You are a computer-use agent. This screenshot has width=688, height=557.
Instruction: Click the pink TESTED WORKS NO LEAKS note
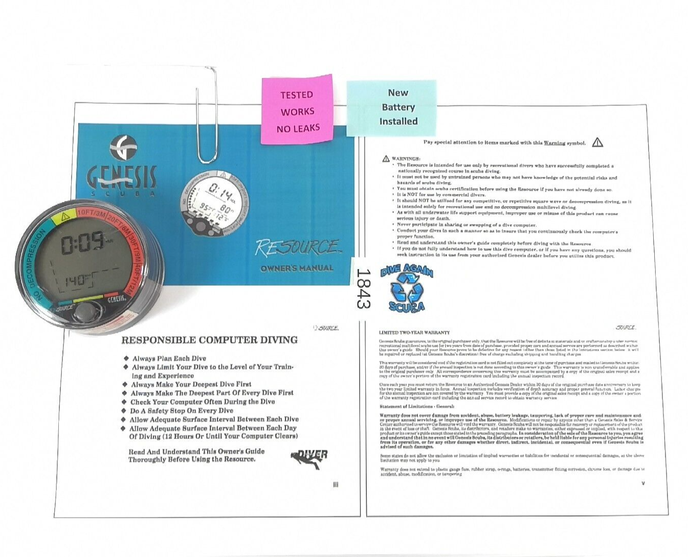point(297,111)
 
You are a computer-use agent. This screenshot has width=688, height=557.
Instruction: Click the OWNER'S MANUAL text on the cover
point(297,268)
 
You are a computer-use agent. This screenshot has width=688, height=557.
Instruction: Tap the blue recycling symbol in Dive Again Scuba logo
point(407,288)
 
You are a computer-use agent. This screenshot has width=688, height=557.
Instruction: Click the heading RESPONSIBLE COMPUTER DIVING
point(209,340)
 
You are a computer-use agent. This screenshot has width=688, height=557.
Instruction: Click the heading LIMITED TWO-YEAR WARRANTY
point(414,333)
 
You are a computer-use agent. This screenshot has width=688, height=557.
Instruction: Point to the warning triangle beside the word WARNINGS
point(386,159)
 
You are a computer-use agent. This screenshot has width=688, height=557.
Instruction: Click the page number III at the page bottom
point(336,484)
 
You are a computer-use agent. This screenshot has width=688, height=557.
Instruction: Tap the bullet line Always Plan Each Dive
point(169,359)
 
